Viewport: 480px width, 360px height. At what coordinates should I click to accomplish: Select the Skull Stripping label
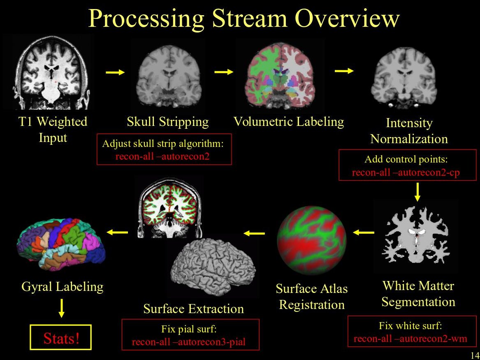click(167, 122)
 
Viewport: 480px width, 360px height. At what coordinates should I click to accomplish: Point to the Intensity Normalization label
click(409, 131)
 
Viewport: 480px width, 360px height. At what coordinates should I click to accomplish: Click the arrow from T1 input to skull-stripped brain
click(115, 72)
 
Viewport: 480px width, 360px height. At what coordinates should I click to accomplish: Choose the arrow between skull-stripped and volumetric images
click(224, 72)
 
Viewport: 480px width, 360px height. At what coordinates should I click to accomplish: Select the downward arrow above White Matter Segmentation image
click(417, 191)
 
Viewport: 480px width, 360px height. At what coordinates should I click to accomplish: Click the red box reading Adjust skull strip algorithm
click(164, 149)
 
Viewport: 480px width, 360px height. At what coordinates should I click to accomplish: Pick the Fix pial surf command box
click(190, 335)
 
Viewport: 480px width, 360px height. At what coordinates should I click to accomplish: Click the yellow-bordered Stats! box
click(62, 339)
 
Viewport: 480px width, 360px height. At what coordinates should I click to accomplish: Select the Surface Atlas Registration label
click(311, 297)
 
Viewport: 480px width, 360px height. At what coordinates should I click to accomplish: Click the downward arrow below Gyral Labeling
click(61, 307)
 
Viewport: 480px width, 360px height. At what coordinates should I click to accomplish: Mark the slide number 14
click(474, 355)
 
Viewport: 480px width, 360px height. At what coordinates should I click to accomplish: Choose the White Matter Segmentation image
click(415, 237)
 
